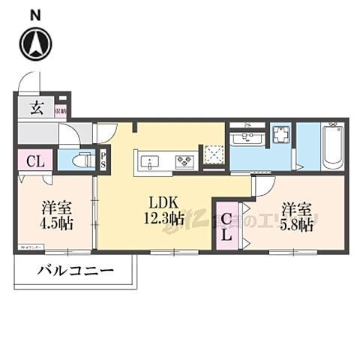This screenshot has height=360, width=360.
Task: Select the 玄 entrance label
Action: pos(36,107)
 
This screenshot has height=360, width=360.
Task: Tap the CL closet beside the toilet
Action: pos(34,160)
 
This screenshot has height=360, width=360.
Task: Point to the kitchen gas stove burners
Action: pos(185,160)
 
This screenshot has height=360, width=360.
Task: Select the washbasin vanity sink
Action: pos(246,137)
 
